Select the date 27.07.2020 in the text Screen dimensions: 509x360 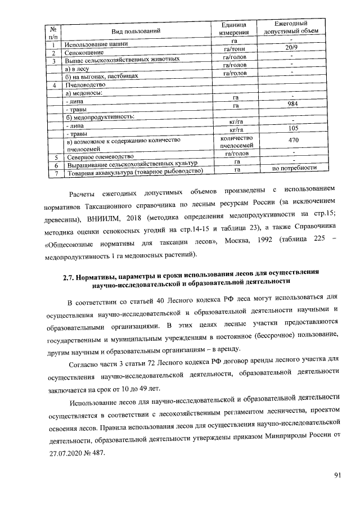tap(65, 453)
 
